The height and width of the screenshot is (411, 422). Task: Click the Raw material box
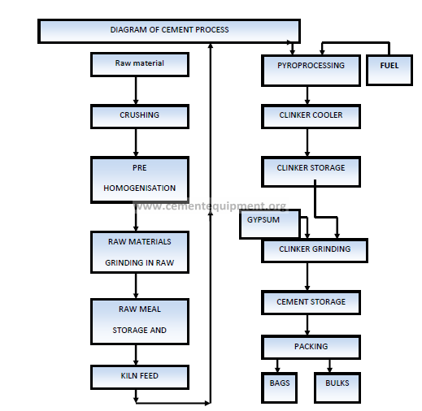point(140,65)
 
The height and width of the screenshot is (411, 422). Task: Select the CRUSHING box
point(140,116)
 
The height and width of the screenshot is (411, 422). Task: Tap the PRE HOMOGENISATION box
point(140,180)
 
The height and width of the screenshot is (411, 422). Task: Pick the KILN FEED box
point(140,377)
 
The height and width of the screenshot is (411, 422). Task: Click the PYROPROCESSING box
point(311,71)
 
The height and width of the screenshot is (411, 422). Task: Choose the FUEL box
point(389,70)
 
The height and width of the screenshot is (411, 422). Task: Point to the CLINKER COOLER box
point(311,116)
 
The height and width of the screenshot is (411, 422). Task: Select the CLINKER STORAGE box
point(311,171)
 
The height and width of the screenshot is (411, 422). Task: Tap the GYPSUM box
point(270,224)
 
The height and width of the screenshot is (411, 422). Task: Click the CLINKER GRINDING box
point(315,250)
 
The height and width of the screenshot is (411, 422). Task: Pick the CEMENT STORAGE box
point(311,302)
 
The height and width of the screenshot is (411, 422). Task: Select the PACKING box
point(311,348)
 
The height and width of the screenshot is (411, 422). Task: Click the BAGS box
point(279,387)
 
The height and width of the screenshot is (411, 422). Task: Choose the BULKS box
point(337,387)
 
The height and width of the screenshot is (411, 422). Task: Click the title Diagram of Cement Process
point(169,29)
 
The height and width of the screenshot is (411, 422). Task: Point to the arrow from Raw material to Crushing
point(136,90)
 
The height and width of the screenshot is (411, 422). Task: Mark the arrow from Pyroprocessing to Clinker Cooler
point(307,95)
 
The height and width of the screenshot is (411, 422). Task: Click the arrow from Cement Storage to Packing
point(307,325)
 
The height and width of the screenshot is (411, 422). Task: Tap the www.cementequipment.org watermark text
point(210,206)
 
